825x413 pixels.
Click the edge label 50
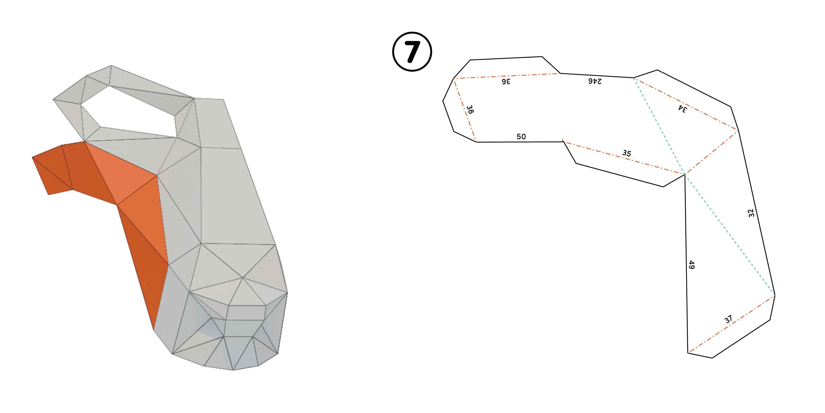pyautogui.click(x=521, y=137)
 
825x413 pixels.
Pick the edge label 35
pyautogui.click(x=627, y=153)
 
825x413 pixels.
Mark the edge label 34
pyautogui.click(x=682, y=109)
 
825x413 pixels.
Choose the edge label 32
pyautogui.click(x=751, y=213)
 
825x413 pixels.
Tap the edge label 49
pyautogui.click(x=691, y=265)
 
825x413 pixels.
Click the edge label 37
pyautogui.click(x=728, y=319)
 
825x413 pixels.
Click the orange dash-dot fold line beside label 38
pyautogui.click(x=465, y=110)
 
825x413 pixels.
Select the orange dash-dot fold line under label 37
pyautogui.click(x=731, y=324)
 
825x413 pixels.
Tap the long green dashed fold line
pyautogui.click(x=704, y=186)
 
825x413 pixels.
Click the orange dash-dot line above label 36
pyautogui.click(x=507, y=76)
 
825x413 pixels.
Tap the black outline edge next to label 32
pyautogui.click(x=756, y=213)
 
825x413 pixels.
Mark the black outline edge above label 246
pyautogui.click(x=597, y=75)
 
